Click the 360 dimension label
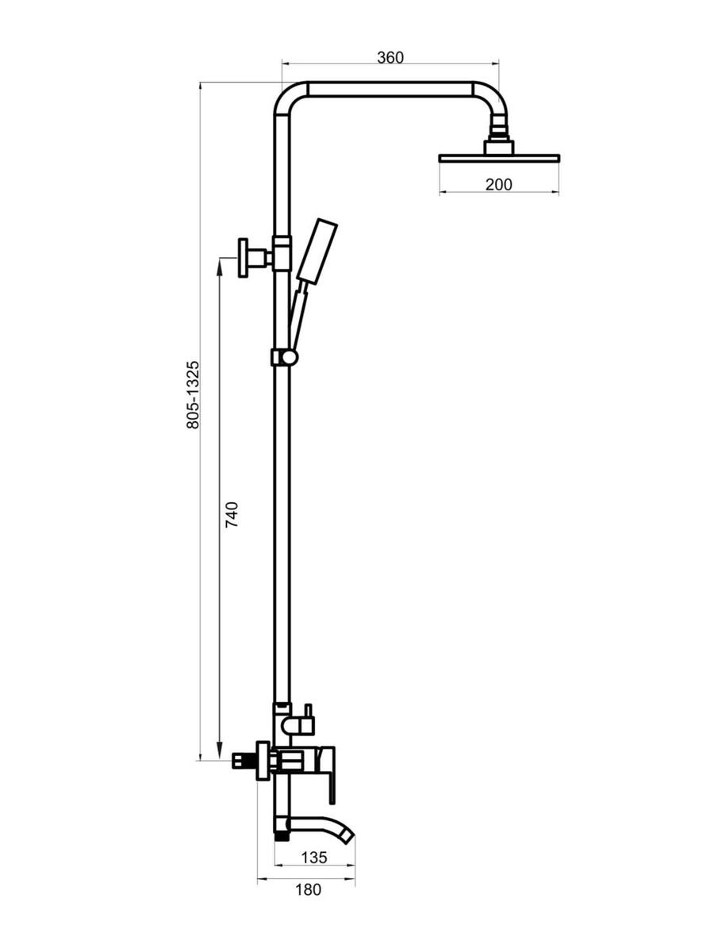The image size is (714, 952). coord(390,58)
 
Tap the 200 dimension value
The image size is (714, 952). coord(498,185)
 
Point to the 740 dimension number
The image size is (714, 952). coord(232,514)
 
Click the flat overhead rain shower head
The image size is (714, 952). coord(499,159)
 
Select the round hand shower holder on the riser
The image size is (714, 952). coord(289,357)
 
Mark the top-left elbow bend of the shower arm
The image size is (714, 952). coord(287,94)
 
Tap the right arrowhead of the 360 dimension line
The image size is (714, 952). coord(493,63)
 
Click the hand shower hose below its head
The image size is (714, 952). coord(299,315)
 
